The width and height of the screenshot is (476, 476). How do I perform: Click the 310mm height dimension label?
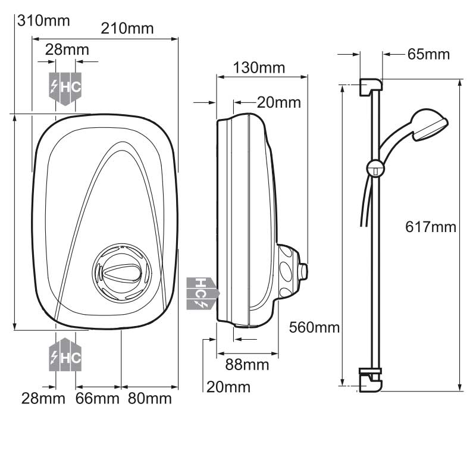pyautogui.click(x=43, y=21)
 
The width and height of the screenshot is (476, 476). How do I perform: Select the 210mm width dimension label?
pyautogui.click(x=127, y=29)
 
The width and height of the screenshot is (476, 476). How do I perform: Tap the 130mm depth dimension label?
pyautogui.click(x=259, y=68)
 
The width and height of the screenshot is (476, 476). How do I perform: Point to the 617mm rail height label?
pyautogui.click(x=431, y=227)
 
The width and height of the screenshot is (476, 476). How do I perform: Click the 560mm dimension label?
pyautogui.click(x=314, y=328)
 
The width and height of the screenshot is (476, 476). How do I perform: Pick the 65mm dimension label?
pyautogui.click(x=428, y=55)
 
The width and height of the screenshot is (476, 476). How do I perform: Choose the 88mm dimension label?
pyautogui.click(x=247, y=365)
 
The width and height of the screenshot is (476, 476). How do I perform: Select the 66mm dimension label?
pyautogui.click(x=97, y=399)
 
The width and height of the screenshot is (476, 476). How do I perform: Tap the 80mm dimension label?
pyautogui.click(x=150, y=399)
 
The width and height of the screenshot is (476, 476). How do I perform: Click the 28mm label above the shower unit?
pyautogui.click(x=67, y=50)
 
